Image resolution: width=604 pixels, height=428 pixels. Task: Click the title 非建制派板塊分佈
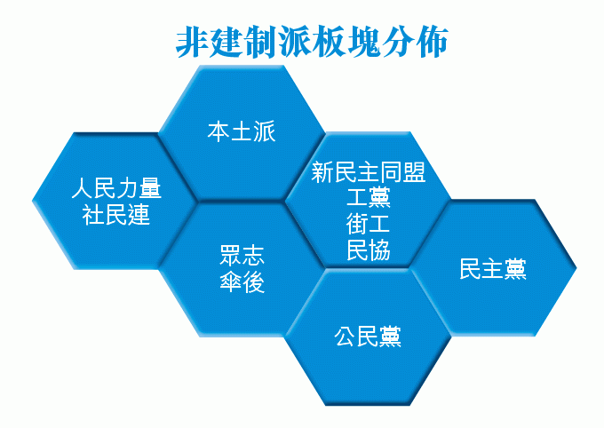(312, 42)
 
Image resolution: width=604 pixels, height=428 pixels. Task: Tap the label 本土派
(242, 131)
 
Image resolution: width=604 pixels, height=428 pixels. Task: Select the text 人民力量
(116, 188)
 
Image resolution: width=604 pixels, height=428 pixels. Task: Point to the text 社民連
(116, 215)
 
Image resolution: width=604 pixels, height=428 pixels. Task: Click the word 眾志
(242, 255)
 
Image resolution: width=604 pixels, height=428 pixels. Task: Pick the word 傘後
(242, 282)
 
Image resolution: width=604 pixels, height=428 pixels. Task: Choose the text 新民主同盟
(369, 171)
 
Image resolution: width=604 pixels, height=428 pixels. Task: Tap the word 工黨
(369, 197)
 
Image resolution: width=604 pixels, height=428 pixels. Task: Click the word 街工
(369, 224)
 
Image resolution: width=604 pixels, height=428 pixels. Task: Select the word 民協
(369, 250)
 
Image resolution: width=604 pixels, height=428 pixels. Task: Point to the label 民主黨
(493, 268)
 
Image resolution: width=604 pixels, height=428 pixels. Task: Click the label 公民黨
(368, 337)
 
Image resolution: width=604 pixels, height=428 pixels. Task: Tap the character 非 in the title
(192, 42)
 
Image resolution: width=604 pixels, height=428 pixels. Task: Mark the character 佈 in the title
(433, 42)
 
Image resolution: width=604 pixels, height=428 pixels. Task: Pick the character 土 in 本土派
(242, 131)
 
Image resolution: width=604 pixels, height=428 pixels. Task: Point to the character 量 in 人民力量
(150, 188)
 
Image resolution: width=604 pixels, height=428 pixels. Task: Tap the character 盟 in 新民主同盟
(415, 171)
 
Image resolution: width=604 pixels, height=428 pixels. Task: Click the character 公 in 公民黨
(346, 337)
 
